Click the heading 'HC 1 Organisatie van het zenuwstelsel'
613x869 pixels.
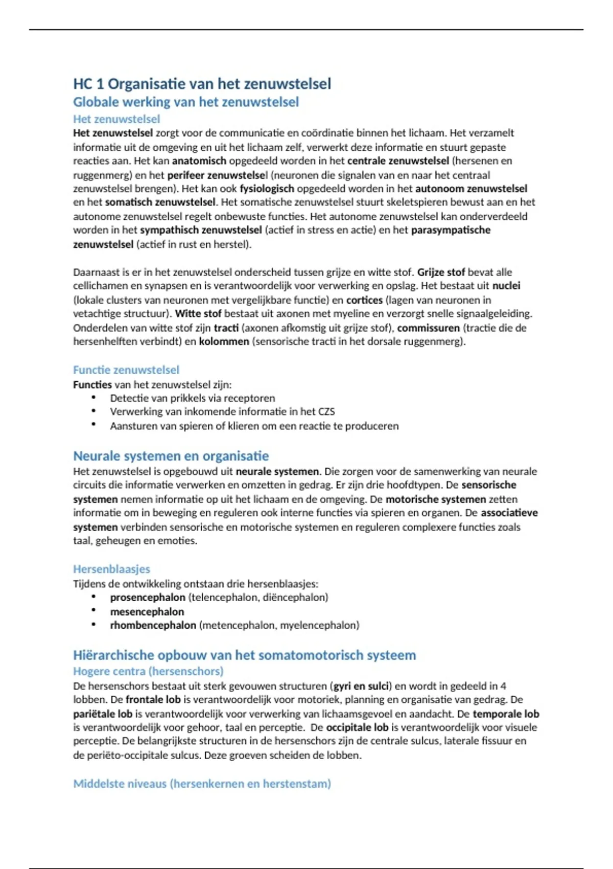pos(202,84)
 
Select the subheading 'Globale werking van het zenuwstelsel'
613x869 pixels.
pos(186,102)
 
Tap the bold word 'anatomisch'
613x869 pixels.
pos(199,161)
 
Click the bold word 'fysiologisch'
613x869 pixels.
pos(267,189)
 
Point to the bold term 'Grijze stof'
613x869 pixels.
pos(441,272)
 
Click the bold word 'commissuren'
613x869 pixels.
pos(429,328)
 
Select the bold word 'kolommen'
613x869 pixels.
pos(224,341)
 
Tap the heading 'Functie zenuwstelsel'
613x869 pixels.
pos(126,370)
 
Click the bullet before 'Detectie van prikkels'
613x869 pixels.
pos(93,397)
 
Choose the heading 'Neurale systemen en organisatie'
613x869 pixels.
pos(171,455)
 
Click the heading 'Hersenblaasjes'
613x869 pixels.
pos(111,569)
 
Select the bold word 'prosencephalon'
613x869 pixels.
pos(148,597)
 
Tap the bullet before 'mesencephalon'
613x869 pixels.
pos(93,610)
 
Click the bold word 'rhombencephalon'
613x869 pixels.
pos(153,625)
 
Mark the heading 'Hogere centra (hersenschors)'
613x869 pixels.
pos(148,671)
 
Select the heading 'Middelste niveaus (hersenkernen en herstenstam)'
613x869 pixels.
pos(202,784)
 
